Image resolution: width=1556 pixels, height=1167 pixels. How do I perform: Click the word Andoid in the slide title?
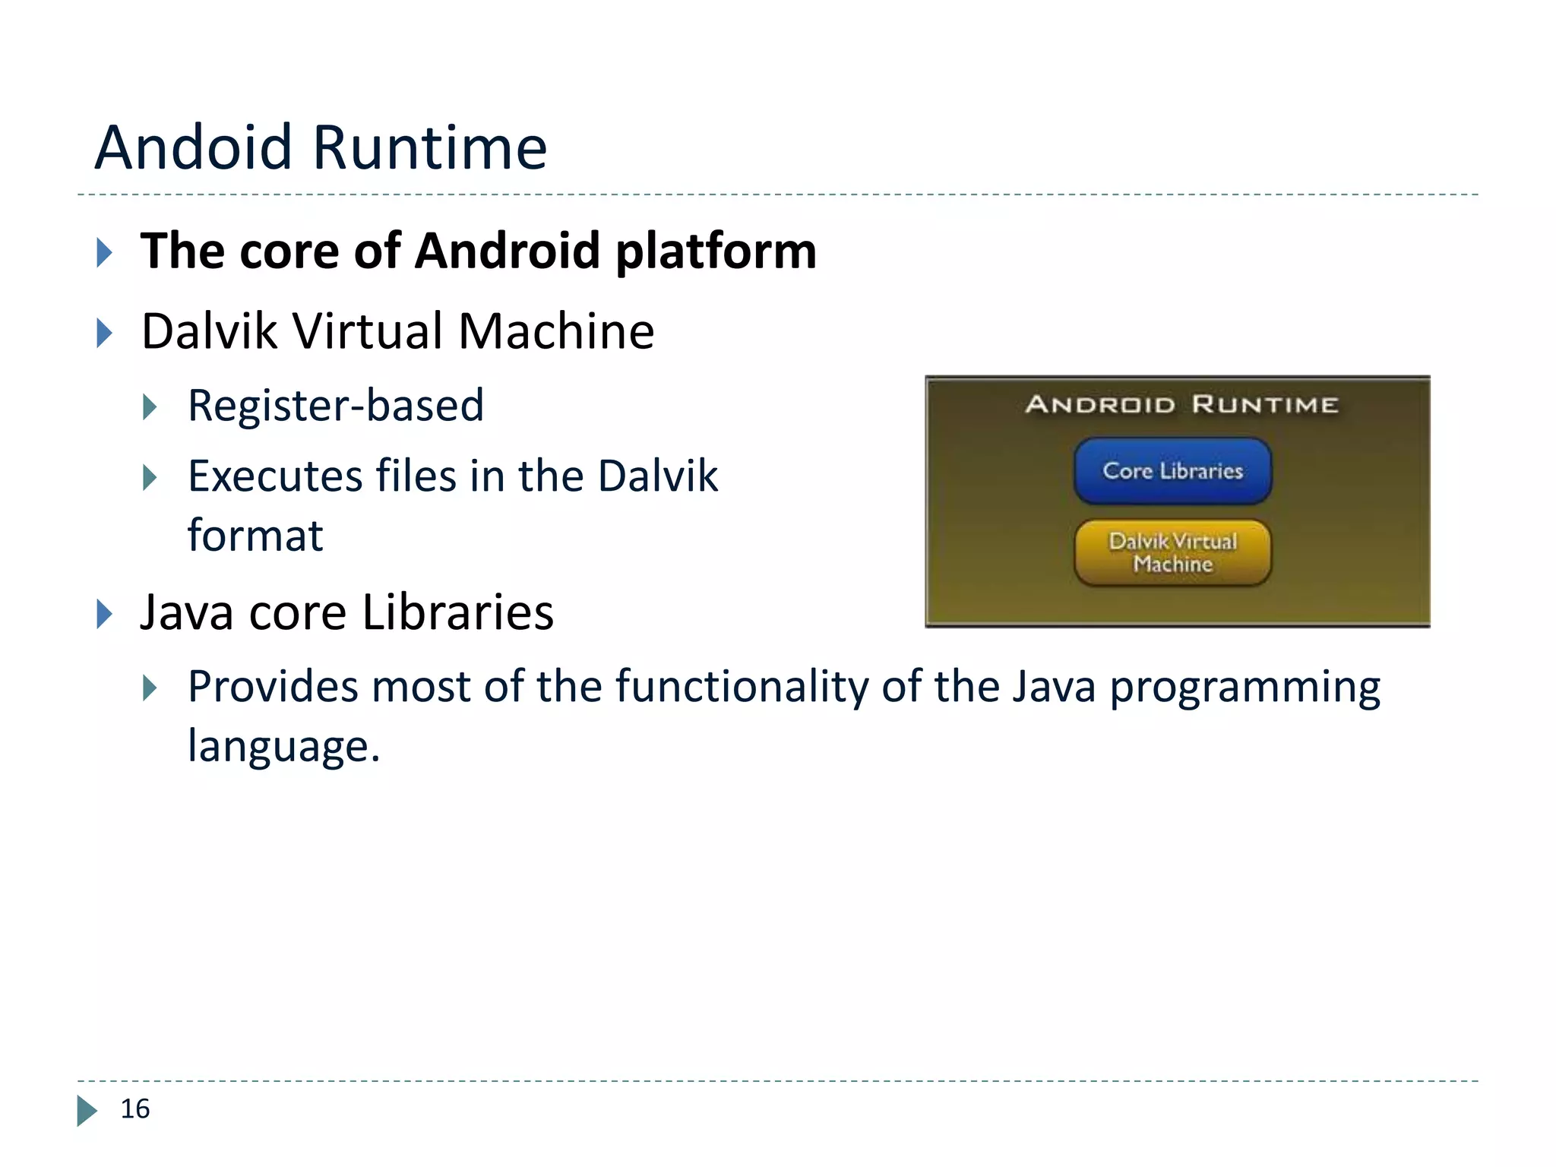[x=193, y=147]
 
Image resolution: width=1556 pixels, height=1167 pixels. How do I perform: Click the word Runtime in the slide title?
[x=429, y=147]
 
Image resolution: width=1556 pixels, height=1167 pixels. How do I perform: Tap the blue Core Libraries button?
[x=1172, y=471]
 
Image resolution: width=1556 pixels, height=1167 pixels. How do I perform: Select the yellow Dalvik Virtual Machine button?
[x=1172, y=552]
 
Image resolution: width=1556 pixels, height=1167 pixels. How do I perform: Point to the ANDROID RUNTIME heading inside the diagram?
[x=1181, y=404]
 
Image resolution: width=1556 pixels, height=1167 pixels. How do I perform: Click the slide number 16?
[x=135, y=1108]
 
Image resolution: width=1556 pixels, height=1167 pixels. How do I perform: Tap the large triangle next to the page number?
[x=87, y=1110]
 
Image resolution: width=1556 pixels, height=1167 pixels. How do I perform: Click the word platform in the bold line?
[x=716, y=251]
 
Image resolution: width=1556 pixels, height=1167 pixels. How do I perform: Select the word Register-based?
[x=335, y=405]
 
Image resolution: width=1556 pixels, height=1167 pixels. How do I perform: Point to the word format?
[x=255, y=536]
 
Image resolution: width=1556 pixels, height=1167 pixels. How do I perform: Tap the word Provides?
[x=273, y=687]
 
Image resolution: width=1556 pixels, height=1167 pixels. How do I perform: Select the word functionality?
[x=741, y=687]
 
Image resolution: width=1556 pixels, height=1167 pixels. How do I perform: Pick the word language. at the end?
[x=283, y=747]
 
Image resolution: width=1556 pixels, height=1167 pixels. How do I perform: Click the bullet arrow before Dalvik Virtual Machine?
[x=105, y=333]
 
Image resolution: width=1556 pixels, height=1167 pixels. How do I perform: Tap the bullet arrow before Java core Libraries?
[x=105, y=614]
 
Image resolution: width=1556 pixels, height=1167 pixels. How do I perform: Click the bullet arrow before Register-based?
[x=150, y=407]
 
